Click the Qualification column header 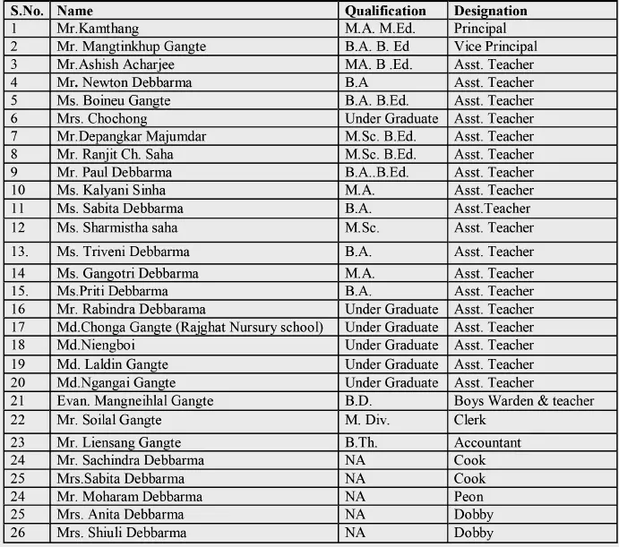pyautogui.click(x=385, y=11)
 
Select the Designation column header pyautogui.click(x=490, y=11)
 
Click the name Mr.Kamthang pyautogui.click(x=98, y=29)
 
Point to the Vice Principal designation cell pyautogui.click(x=495, y=47)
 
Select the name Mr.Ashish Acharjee pyautogui.click(x=116, y=64)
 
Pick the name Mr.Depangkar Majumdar pyautogui.click(x=131, y=136)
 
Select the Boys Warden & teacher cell pyautogui.click(x=524, y=401)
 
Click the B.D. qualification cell pyautogui.click(x=358, y=401)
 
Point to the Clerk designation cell pyautogui.click(x=470, y=420)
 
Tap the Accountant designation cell pyautogui.click(x=487, y=442)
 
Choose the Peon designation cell pyautogui.click(x=469, y=496)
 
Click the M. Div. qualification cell pyautogui.click(x=365, y=420)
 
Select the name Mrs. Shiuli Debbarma pyautogui.click(x=121, y=533)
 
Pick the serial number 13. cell pyautogui.click(x=20, y=252)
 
